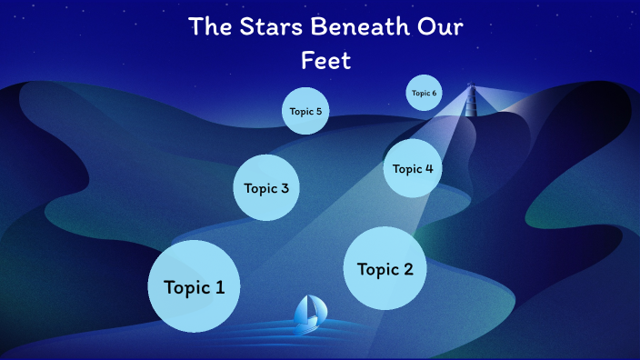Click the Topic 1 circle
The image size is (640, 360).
[194, 286]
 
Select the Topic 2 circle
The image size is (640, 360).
[385, 268]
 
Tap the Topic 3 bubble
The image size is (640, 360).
[266, 188]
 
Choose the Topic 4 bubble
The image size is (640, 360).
[413, 168]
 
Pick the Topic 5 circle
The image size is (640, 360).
[305, 111]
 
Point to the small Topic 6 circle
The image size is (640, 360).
[424, 93]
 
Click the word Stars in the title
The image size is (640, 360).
[275, 26]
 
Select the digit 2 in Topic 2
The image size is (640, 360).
[407, 269]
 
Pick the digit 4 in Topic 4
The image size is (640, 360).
[428, 168]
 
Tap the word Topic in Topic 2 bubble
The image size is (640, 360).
[377, 269]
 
